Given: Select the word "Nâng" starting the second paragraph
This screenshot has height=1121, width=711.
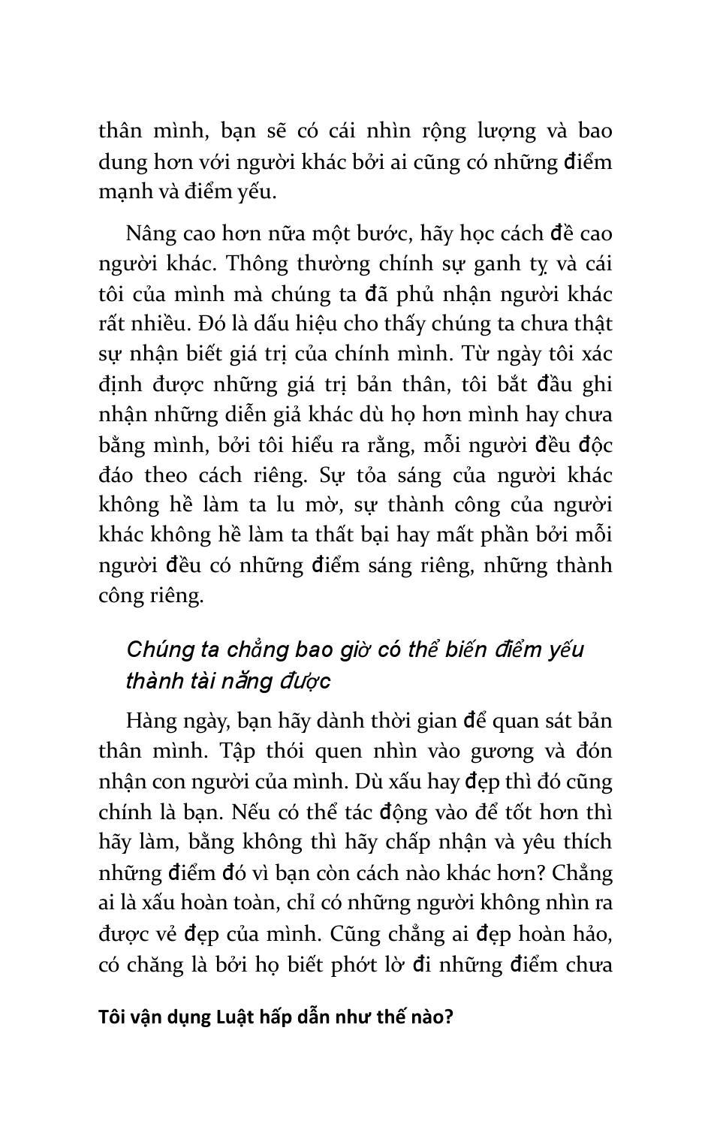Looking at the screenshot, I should click(149, 234).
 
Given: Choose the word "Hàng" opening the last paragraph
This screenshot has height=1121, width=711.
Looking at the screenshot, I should click(149, 722).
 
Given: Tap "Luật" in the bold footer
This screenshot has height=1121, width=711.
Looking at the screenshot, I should click(236, 1018).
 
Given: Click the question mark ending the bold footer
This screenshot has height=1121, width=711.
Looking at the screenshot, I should click(450, 1018).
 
